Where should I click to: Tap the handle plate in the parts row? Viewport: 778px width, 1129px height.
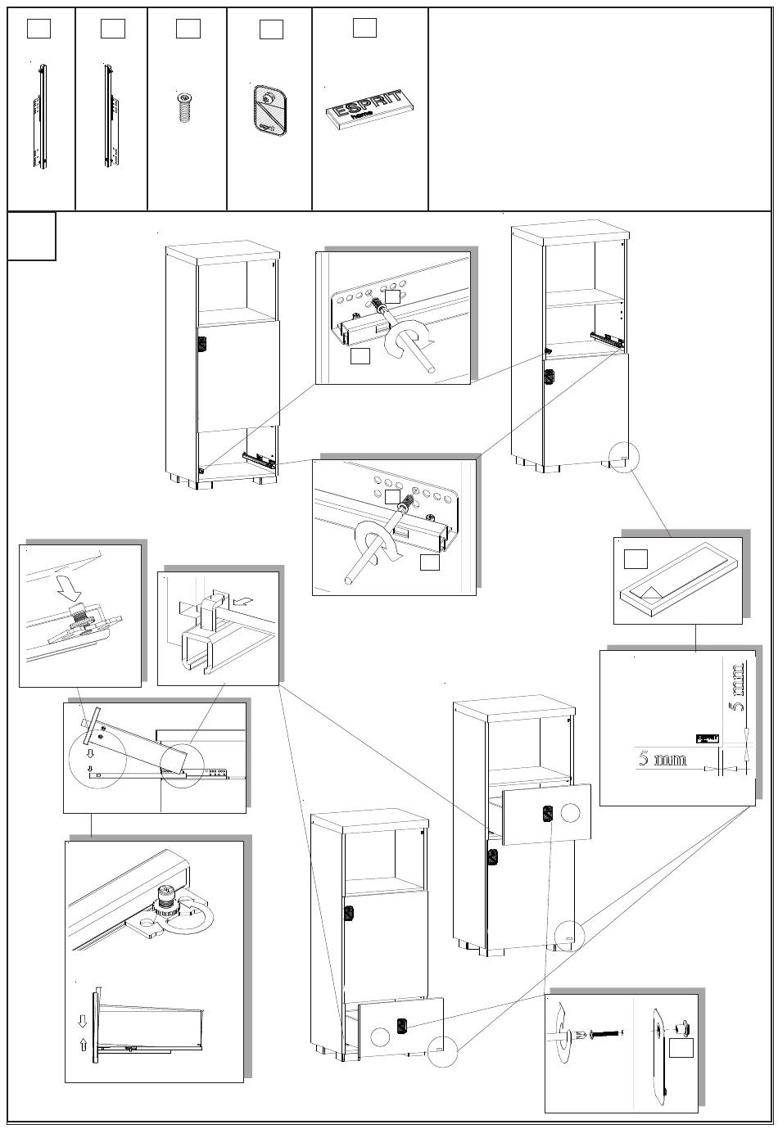(269, 107)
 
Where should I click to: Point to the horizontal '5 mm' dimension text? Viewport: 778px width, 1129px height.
(663, 759)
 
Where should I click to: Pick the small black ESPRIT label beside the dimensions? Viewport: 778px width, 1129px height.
(707, 738)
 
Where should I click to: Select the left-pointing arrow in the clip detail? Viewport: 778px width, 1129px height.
(242, 600)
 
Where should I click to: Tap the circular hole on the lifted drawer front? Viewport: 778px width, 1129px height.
(571, 812)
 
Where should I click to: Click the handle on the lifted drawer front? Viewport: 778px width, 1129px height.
(547, 814)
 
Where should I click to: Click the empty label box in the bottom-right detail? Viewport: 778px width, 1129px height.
(681, 1048)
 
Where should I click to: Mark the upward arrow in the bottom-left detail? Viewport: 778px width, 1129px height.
(81, 1044)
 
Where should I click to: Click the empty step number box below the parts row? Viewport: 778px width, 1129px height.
(32, 236)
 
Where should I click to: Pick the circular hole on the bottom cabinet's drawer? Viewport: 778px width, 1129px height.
(379, 1035)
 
